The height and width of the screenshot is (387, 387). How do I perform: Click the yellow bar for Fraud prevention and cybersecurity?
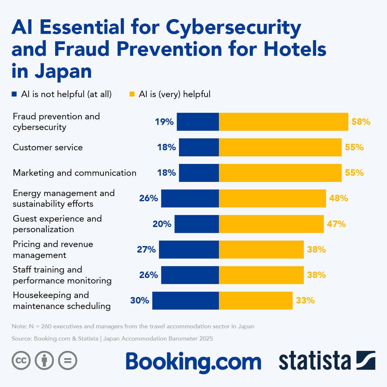(x=283, y=122)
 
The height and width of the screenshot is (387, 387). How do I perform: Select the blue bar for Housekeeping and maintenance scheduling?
(x=185, y=301)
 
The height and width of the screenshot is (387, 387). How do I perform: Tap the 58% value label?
(x=361, y=122)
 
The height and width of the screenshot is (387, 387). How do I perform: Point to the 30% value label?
(x=140, y=301)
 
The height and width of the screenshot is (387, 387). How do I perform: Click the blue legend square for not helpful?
(x=14, y=94)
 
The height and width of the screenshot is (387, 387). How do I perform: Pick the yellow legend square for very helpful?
(x=132, y=94)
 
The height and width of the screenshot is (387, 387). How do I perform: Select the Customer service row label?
(x=48, y=147)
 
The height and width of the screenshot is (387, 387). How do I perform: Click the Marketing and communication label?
(x=74, y=173)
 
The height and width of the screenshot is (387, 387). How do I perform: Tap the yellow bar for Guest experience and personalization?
(x=271, y=224)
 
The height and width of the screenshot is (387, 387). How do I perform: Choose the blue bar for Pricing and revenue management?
(x=189, y=249)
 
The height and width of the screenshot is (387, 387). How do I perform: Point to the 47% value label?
(x=336, y=224)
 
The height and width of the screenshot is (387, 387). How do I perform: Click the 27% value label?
(x=146, y=249)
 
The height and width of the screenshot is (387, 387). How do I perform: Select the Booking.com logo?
(x=193, y=362)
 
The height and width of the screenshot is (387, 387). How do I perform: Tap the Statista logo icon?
(x=366, y=360)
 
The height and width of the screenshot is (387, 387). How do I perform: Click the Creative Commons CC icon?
(x=21, y=360)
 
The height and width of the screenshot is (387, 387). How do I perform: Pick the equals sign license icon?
(x=68, y=360)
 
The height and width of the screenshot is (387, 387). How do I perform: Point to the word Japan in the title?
(x=63, y=71)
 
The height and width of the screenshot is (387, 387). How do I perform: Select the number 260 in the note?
(x=46, y=326)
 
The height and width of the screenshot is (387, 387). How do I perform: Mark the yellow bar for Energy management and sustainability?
(x=273, y=198)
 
